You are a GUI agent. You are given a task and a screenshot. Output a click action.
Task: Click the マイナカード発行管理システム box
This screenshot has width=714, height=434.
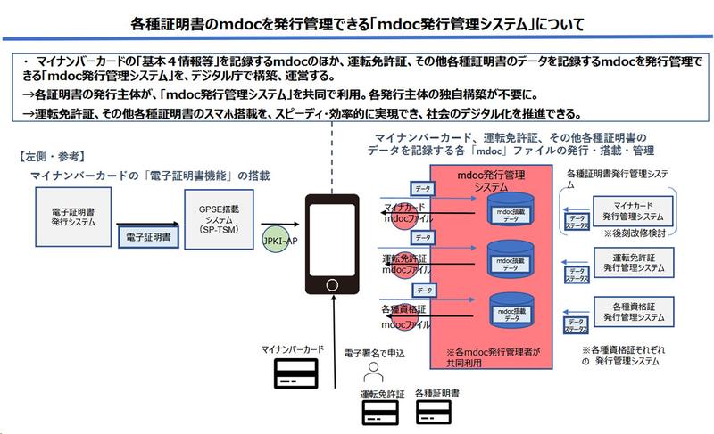tap(628, 210)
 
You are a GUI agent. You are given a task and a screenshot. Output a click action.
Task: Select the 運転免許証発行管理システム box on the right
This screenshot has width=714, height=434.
tap(628, 262)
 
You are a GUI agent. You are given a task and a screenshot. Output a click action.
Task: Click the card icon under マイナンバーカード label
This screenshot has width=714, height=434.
tap(294, 376)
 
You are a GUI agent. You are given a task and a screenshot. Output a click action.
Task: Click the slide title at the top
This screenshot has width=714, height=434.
tap(357, 20)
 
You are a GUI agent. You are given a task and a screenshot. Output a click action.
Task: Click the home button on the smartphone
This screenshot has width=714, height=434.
tap(333, 287)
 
